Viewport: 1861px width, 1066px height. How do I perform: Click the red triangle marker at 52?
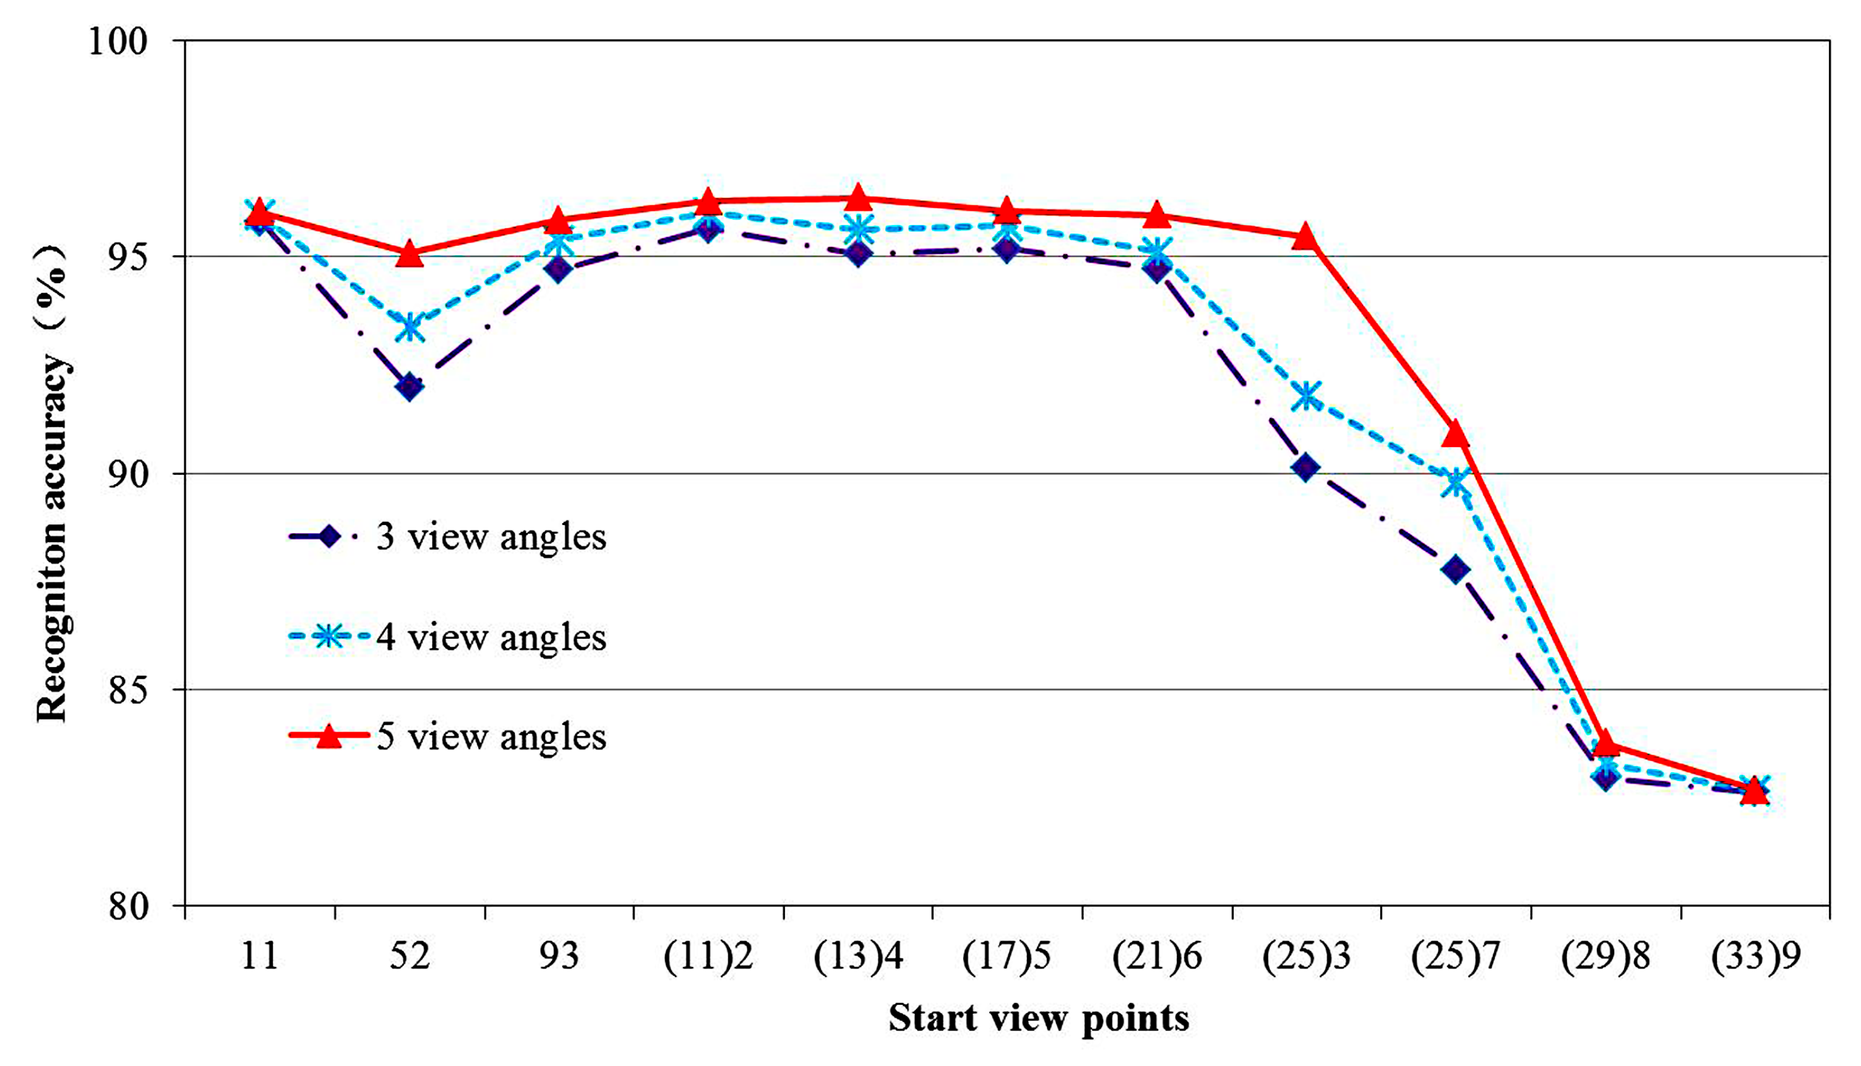tap(410, 254)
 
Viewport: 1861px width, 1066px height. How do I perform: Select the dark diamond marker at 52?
tap(410, 386)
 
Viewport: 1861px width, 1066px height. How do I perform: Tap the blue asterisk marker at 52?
tap(410, 326)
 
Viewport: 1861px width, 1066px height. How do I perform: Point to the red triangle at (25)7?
tap(1455, 433)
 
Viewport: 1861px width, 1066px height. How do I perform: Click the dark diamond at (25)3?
tap(1306, 467)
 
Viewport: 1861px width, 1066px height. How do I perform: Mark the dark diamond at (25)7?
tap(1455, 569)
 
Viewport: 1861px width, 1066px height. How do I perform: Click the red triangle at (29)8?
tap(1605, 743)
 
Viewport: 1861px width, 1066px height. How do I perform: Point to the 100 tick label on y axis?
tap(117, 40)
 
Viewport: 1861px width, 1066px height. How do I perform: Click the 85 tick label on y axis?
tap(128, 689)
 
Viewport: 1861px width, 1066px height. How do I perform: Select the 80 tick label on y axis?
tap(128, 906)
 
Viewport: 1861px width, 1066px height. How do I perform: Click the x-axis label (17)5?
tap(1007, 956)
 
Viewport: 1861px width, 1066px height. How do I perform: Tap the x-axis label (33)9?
tap(1755, 956)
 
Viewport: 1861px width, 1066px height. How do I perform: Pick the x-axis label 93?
tap(558, 956)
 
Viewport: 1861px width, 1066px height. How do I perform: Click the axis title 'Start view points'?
tap(1039, 1018)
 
